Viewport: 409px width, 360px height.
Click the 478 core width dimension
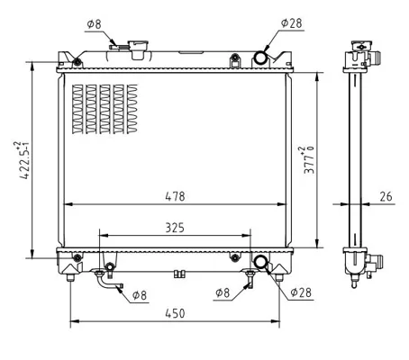click(x=175, y=196)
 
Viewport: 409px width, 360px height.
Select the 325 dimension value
click(x=175, y=228)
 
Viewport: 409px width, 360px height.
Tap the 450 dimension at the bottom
click(x=175, y=313)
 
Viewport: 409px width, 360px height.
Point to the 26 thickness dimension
click(x=386, y=196)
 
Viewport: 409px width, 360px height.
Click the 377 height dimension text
click(x=309, y=160)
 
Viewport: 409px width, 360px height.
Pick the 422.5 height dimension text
click(x=23, y=160)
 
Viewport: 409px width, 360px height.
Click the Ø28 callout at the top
click(x=292, y=23)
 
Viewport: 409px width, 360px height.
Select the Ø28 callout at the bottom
click(x=301, y=292)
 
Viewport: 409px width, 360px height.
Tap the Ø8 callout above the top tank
click(x=95, y=24)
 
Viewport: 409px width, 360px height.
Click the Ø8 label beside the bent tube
click(x=140, y=295)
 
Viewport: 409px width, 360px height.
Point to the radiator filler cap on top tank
click(x=138, y=49)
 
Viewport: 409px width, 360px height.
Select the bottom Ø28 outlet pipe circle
click(x=260, y=261)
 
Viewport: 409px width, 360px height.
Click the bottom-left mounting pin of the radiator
click(x=70, y=277)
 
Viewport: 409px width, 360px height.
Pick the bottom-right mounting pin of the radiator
click(x=279, y=277)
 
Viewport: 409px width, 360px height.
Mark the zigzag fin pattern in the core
click(x=105, y=109)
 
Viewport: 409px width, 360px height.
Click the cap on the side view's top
click(x=361, y=46)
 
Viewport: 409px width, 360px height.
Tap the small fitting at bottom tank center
click(x=179, y=274)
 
